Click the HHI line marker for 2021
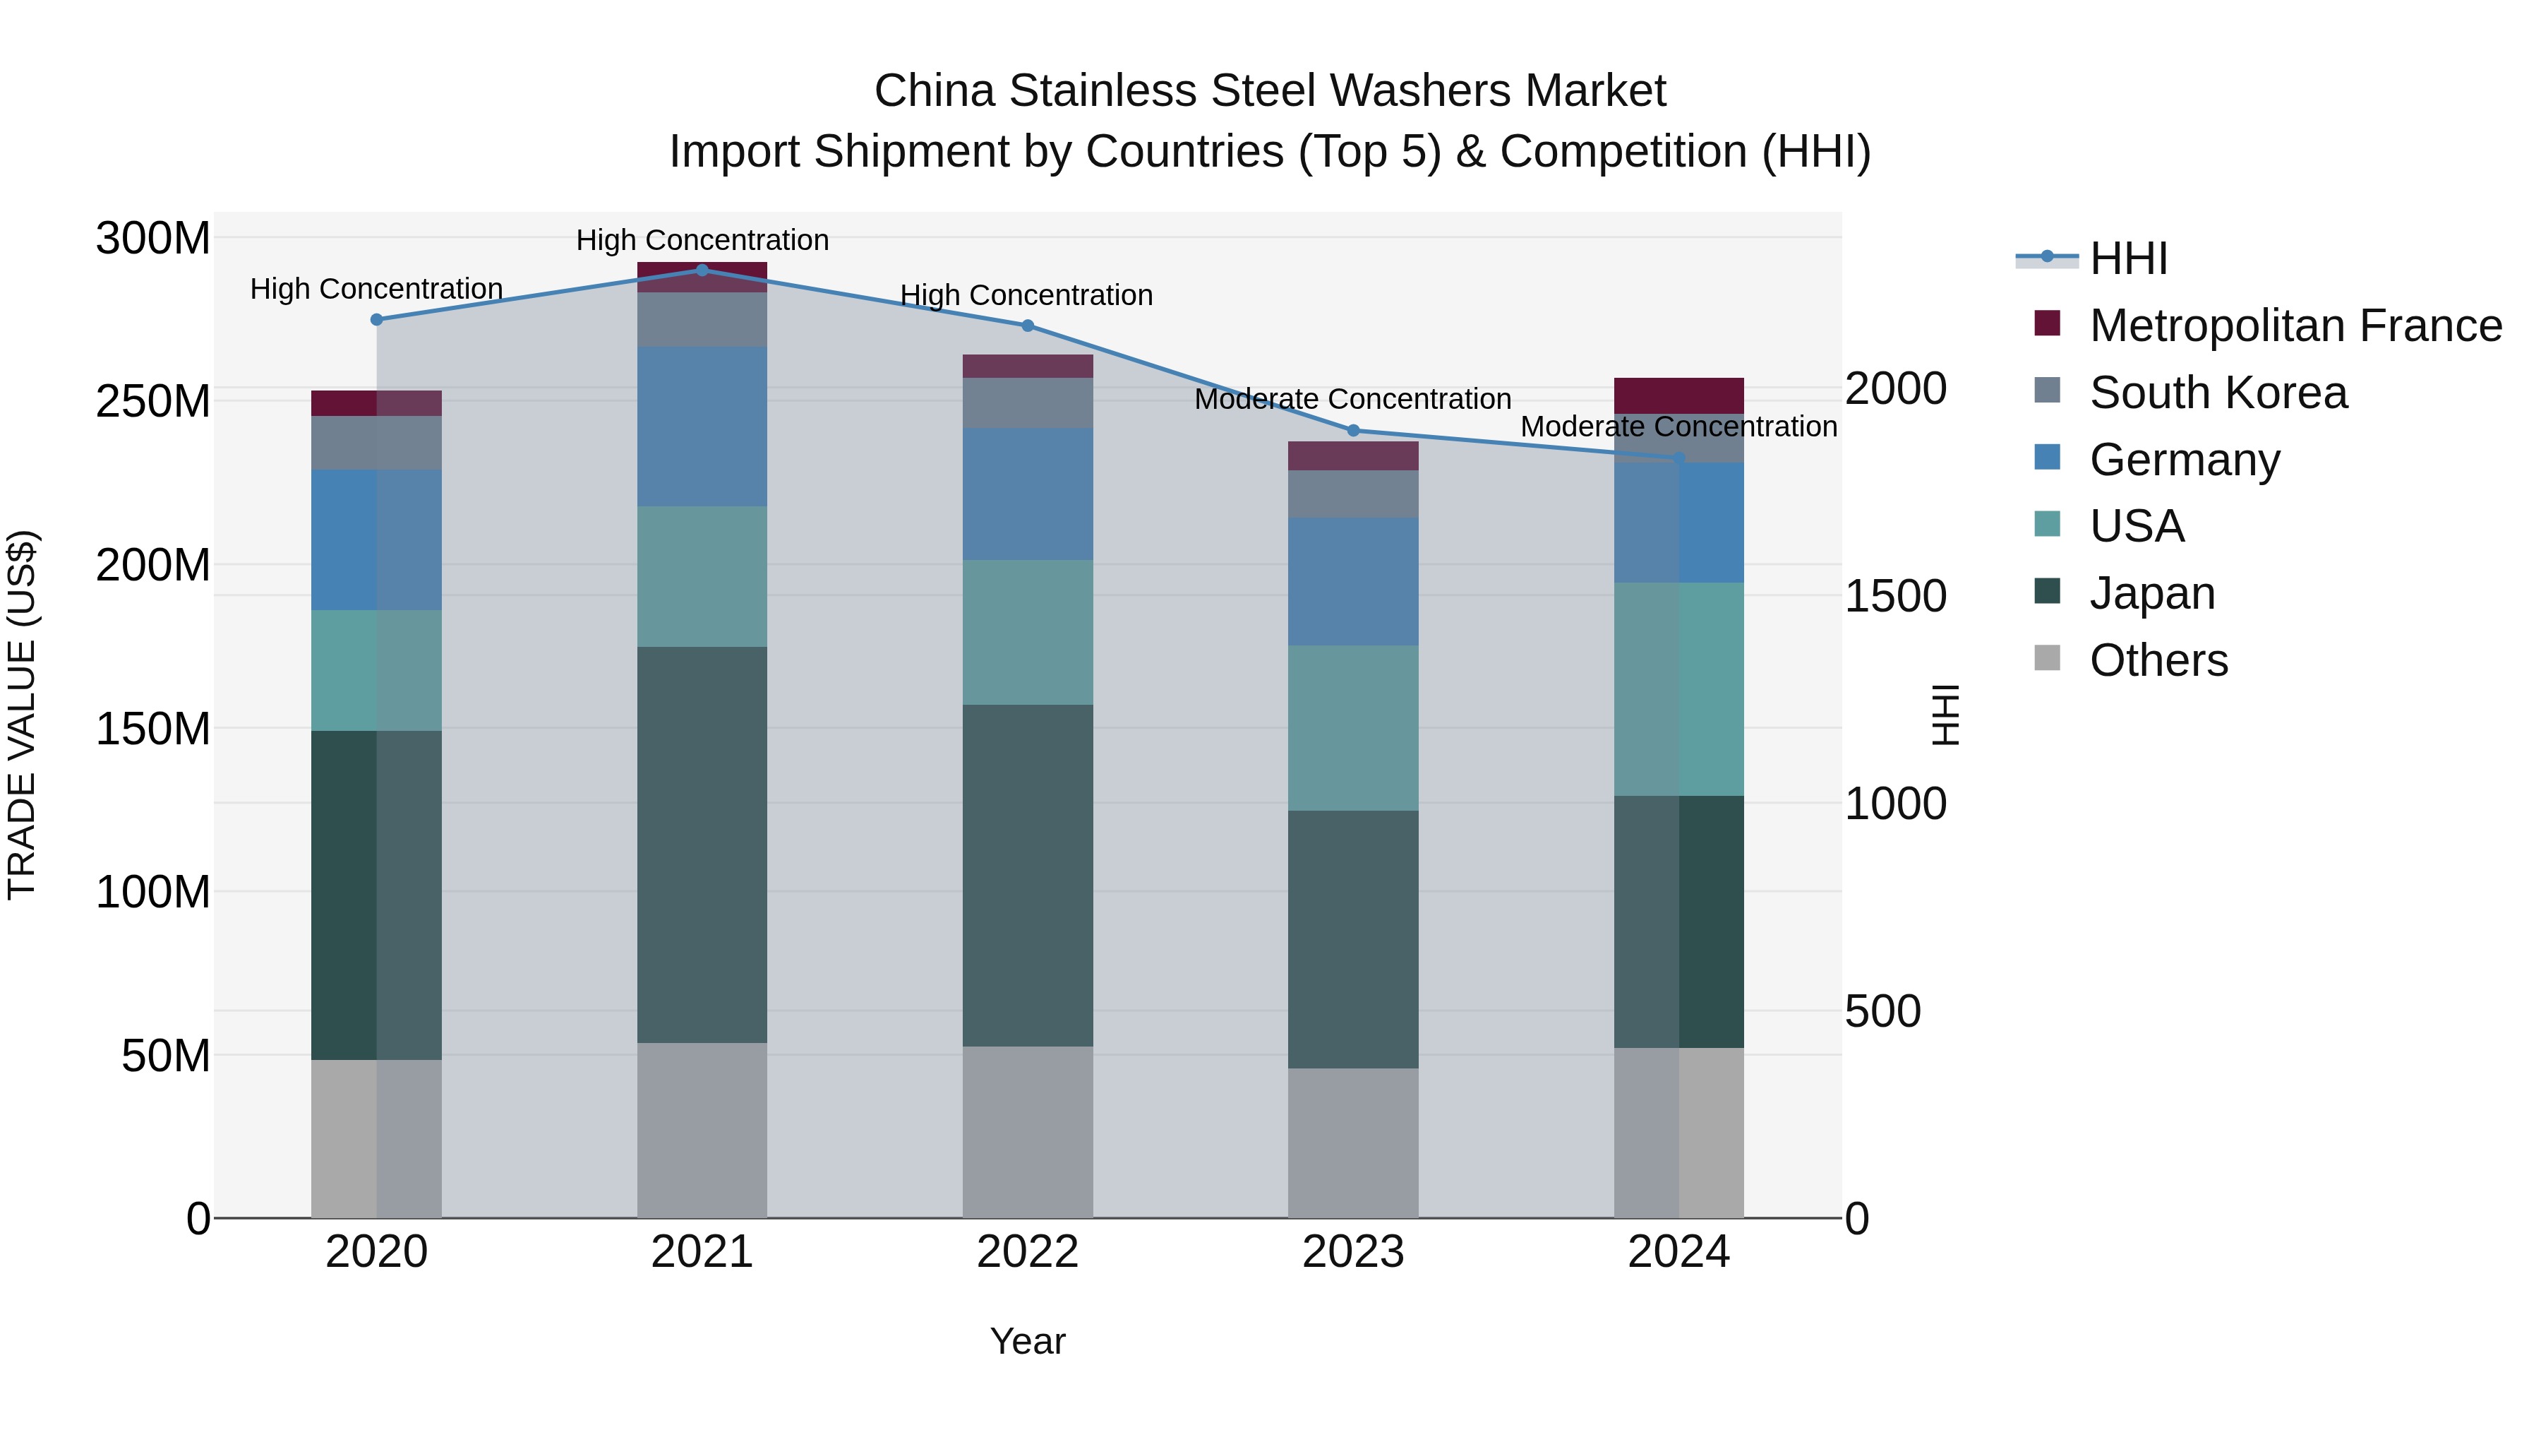[x=702, y=270]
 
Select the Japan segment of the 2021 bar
[x=702, y=844]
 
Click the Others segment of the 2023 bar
[x=1352, y=1142]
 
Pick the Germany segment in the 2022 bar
[x=1027, y=494]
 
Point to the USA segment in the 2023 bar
[x=1352, y=727]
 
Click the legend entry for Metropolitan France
[x=2295, y=326]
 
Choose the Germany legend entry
[x=2184, y=460]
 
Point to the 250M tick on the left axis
[x=153, y=402]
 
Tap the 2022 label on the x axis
[x=1027, y=1252]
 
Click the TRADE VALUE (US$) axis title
[x=22, y=715]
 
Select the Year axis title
[x=1027, y=1341]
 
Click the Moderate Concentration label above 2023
[x=1352, y=400]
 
